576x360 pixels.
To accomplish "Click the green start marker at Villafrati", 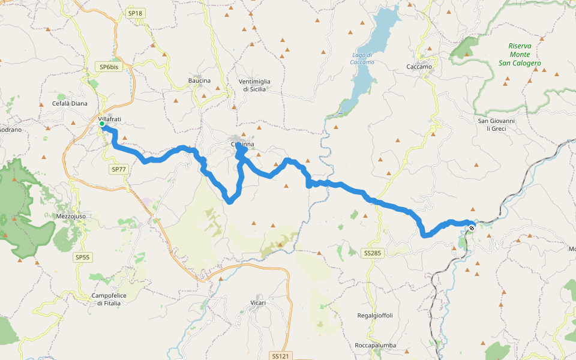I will tap(103, 125).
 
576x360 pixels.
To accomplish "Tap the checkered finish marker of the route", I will tap(472, 227).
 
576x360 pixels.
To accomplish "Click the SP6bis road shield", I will tap(110, 67).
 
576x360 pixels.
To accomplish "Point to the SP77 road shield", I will tap(119, 170).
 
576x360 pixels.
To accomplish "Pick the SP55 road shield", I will tap(83, 257).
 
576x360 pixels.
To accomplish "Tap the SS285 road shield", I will tap(372, 253).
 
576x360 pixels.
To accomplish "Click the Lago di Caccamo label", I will tap(362, 59).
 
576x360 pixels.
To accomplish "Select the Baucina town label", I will tap(199, 80).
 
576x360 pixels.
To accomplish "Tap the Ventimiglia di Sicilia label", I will tap(254, 85).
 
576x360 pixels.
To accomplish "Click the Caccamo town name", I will tap(419, 67).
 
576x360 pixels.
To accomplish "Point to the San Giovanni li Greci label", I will tap(496, 124).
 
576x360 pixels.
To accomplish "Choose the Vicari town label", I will tap(258, 302).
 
